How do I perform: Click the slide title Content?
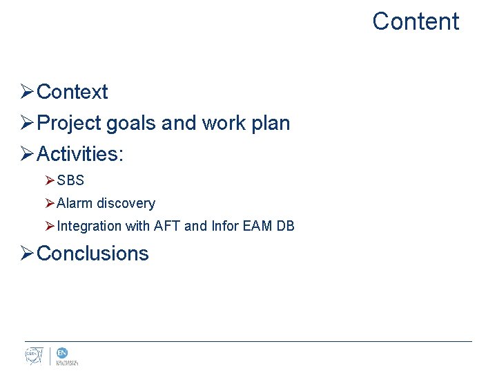click(x=415, y=21)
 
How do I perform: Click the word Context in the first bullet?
click(x=72, y=92)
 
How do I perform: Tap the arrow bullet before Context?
click(x=27, y=92)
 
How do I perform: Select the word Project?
click(x=69, y=123)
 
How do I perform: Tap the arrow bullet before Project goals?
click(x=27, y=123)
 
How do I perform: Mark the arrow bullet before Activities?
click(x=27, y=153)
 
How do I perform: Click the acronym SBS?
click(x=70, y=181)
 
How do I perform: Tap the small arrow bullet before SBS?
click(x=49, y=181)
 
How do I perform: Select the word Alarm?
click(x=75, y=204)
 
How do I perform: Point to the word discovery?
click(x=126, y=204)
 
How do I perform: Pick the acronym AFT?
click(x=168, y=226)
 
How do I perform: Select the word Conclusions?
click(x=92, y=254)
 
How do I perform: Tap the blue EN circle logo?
click(x=62, y=353)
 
